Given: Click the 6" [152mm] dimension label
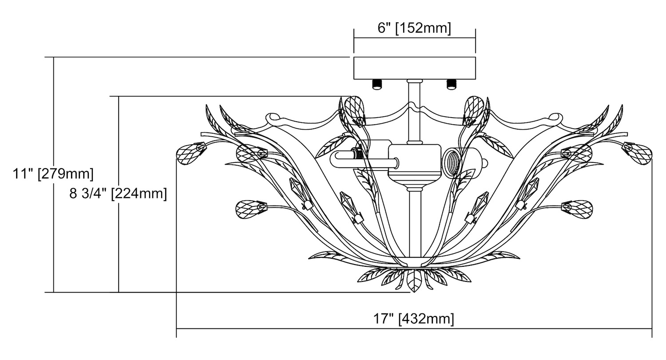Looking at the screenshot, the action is pos(414,28).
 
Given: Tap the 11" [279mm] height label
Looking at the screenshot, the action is pos(53,174).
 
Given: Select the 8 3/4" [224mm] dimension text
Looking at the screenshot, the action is pos(118,194).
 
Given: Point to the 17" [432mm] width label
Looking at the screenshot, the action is pos(413,319).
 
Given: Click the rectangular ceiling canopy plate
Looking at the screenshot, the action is pos(414,68).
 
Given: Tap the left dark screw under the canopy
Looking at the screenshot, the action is pos(377,84).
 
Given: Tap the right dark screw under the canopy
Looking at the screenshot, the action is pos(452,84).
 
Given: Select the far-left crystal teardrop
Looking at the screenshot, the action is pos(190,154).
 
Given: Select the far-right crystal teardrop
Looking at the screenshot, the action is pos(638,154).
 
